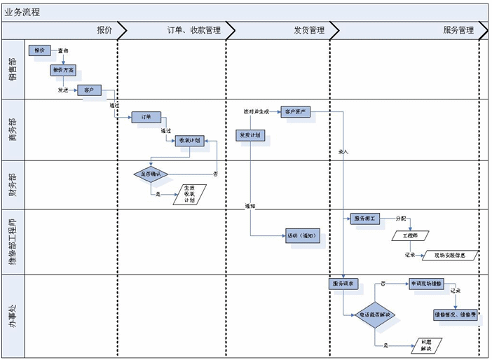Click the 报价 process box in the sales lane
point(39,50)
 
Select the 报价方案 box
point(62,70)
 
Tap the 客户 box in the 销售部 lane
point(89,91)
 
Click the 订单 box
point(146,117)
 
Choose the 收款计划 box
point(189,140)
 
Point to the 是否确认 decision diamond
point(151,174)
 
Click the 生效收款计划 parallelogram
point(189,193)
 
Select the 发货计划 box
point(250,134)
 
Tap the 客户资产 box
point(296,112)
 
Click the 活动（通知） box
point(302,236)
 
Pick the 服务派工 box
point(364,219)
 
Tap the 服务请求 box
point(343,284)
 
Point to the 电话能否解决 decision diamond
point(376,315)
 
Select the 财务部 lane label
point(13,185)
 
